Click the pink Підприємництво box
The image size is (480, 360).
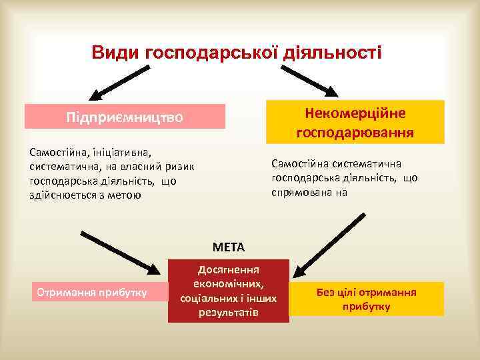tap(124, 117)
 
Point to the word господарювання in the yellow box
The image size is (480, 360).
tap(355, 132)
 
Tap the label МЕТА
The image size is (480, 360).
tap(229, 247)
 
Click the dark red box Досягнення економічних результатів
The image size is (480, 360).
tap(229, 291)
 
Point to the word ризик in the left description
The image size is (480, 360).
tap(177, 167)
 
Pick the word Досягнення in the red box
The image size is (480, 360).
tap(229, 269)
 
